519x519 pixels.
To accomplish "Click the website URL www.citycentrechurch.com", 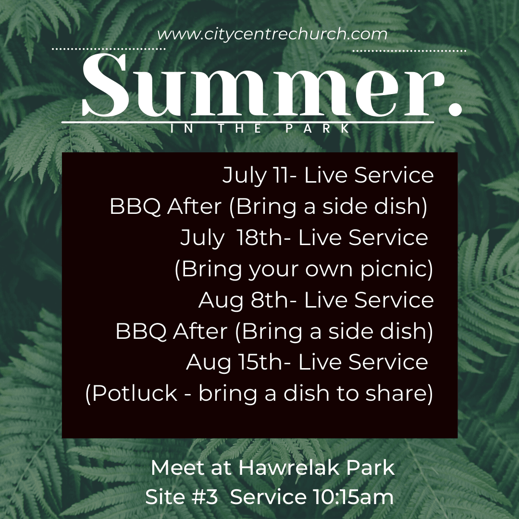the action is [272, 35].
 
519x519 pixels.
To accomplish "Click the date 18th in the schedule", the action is [259, 237].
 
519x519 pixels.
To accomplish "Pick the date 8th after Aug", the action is [270, 299].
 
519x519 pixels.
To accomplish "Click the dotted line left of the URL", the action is [109, 49].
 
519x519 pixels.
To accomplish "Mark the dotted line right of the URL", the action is [410, 51].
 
